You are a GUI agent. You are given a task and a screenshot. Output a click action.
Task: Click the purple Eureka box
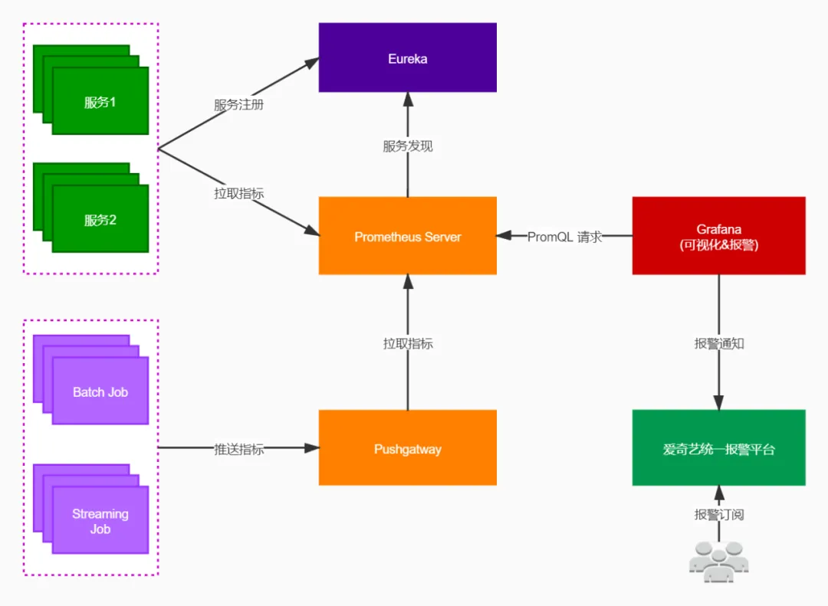pyautogui.click(x=407, y=57)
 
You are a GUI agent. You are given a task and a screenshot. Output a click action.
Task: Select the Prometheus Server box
pyautogui.click(x=407, y=236)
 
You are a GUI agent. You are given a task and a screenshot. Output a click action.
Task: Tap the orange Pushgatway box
pyautogui.click(x=407, y=448)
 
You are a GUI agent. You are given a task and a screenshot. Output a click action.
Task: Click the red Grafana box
pyautogui.click(x=718, y=236)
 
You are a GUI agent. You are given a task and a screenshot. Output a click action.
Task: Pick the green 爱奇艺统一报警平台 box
pyautogui.click(x=718, y=448)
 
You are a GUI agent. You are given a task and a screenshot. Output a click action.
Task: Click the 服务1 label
pyautogui.click(x=100, y=103)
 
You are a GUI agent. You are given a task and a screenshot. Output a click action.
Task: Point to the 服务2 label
pyautogui.click(x=100, y=221)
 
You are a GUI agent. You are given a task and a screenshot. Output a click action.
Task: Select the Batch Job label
pyautogui.click(x=100, y=392)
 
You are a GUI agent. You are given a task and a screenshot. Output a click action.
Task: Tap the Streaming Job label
pyautogui.click(x=100, y=521)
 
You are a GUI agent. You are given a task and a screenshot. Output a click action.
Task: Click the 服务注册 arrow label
pyautogui.click(x=238, y=105)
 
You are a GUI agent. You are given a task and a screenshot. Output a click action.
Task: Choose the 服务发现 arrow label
pyautogui.click(x=407, y=146)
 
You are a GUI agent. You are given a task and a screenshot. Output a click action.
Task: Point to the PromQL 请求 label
pyautogui.click(x=564, y=237)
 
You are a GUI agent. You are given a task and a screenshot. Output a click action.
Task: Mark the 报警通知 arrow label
pyautogui.click(x=718, y=344)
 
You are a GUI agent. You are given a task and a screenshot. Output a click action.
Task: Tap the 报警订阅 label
pyautogui.click(x=718, y=515)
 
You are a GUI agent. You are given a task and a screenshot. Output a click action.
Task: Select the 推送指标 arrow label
pyautogui.click(x=238, y=450)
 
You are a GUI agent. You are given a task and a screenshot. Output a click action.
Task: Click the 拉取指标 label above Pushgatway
pyautogui.click(x=407, y=344)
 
